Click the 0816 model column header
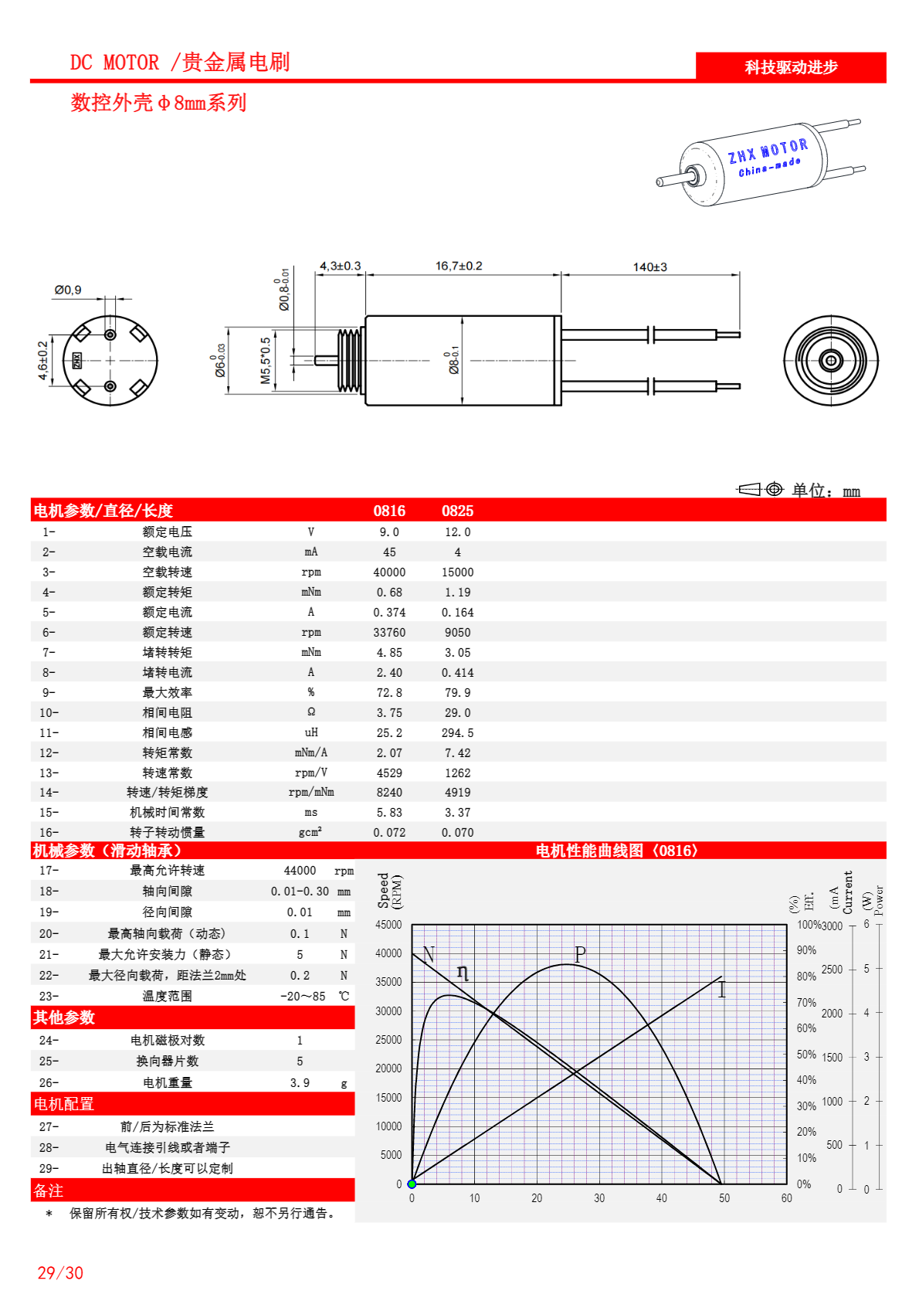(x=389, y=511)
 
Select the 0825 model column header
(x=457, y=511)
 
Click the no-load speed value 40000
(x=389, y=572)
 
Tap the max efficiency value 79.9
(x=457, y=693)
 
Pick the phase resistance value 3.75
(x=389, y=713)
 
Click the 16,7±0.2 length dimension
(x=459, y=266)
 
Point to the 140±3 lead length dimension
(x=649, y=267)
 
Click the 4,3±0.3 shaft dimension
(x=340, y=266)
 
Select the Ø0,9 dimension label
(x=68, y=290)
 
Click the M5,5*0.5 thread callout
(x=266, y=360)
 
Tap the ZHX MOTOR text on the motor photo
(x=768, y=151)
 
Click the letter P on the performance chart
(x=580, y=954)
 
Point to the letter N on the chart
(x=429, y=954)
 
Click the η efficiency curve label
(x=462, y=972)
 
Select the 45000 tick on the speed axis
(x=388, y=925)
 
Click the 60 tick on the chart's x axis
(x=786, y=1198)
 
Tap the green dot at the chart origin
(x=412, y=1184)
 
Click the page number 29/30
(x=60, y=1273)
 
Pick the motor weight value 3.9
(x=300, y=1083)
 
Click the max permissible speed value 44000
(x=300, y=871)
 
